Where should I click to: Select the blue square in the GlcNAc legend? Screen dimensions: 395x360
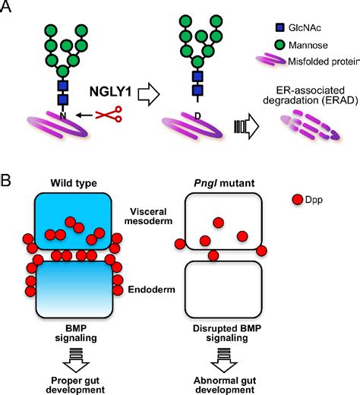pos(272,26)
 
